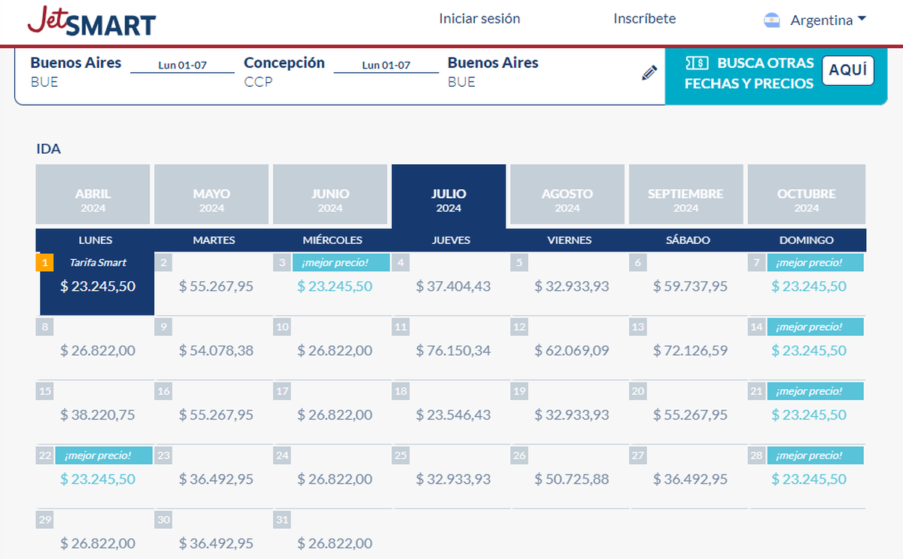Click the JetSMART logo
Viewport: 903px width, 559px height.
[92, 21]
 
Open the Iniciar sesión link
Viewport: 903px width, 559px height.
[479, 19]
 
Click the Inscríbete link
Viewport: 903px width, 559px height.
[644, 19]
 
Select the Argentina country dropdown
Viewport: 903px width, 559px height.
[816, 20]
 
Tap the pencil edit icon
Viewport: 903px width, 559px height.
[649, 73]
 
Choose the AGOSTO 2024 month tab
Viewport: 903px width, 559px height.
[567, 200]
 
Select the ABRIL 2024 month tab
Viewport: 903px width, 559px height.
[93, 200]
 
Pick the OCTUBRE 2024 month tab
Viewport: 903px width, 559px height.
[806, 200]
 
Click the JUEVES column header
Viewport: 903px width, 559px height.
[451, 240]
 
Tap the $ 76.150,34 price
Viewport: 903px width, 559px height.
[453, 350]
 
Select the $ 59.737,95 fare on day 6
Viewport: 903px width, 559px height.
[690, 286]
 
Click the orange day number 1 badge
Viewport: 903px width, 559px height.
[45, 262]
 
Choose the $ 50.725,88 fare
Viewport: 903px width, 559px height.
[572, 479]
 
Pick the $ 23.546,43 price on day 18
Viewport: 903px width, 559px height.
[453, 415]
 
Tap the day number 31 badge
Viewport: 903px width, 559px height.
[282, 520]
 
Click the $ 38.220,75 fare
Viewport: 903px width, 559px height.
[98, 415]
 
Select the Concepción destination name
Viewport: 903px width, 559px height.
[284, 63]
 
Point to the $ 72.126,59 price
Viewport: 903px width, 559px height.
[690, 350]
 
